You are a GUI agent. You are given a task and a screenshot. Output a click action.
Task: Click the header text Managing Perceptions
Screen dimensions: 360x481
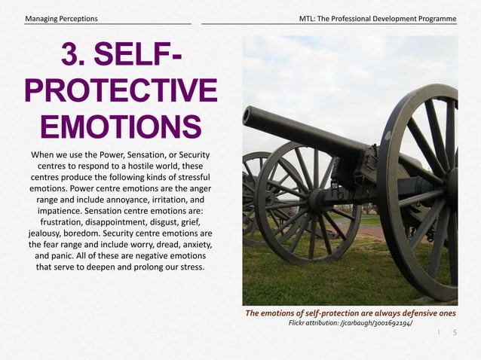click(61, 17)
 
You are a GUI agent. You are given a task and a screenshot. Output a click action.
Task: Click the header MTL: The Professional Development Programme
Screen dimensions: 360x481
click(377, 17)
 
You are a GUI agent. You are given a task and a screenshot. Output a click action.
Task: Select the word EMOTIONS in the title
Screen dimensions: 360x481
click(121, 126)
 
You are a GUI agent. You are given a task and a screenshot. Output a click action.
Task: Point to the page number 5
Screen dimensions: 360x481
click(455, 331)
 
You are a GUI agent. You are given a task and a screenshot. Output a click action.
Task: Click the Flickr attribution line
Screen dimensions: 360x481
click(351, 323)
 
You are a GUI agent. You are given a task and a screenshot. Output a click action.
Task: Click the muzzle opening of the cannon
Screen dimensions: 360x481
click(246, 115)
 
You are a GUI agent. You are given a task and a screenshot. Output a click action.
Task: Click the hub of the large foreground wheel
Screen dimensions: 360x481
click(451, 185)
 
